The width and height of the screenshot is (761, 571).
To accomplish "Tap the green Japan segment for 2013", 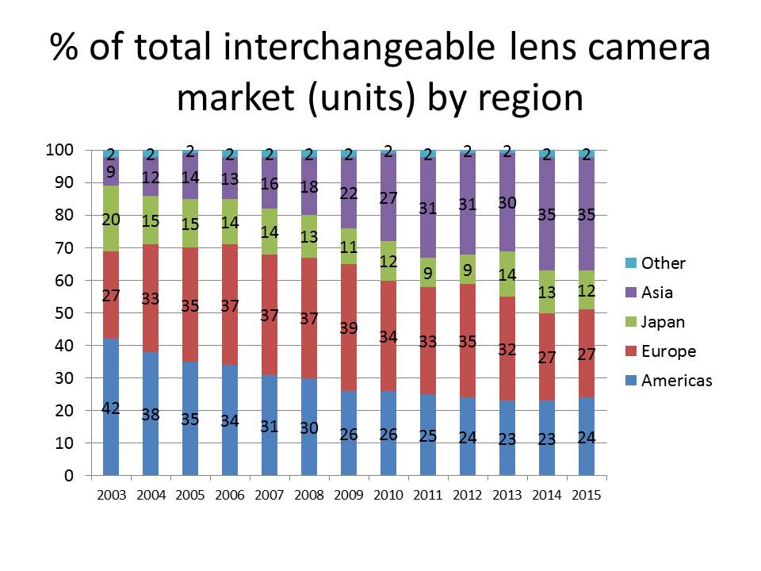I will pos(507,274).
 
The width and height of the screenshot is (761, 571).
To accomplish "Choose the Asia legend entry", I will pos(657,293).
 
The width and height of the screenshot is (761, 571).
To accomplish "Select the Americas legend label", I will pos(676,381).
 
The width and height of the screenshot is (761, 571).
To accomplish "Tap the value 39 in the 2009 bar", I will pos(349,328).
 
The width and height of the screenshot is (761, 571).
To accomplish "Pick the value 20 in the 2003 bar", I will pos(111,220).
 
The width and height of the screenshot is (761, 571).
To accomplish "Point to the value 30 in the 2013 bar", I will pos(507,203).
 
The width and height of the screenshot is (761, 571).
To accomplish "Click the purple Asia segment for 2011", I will pos(428,208).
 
